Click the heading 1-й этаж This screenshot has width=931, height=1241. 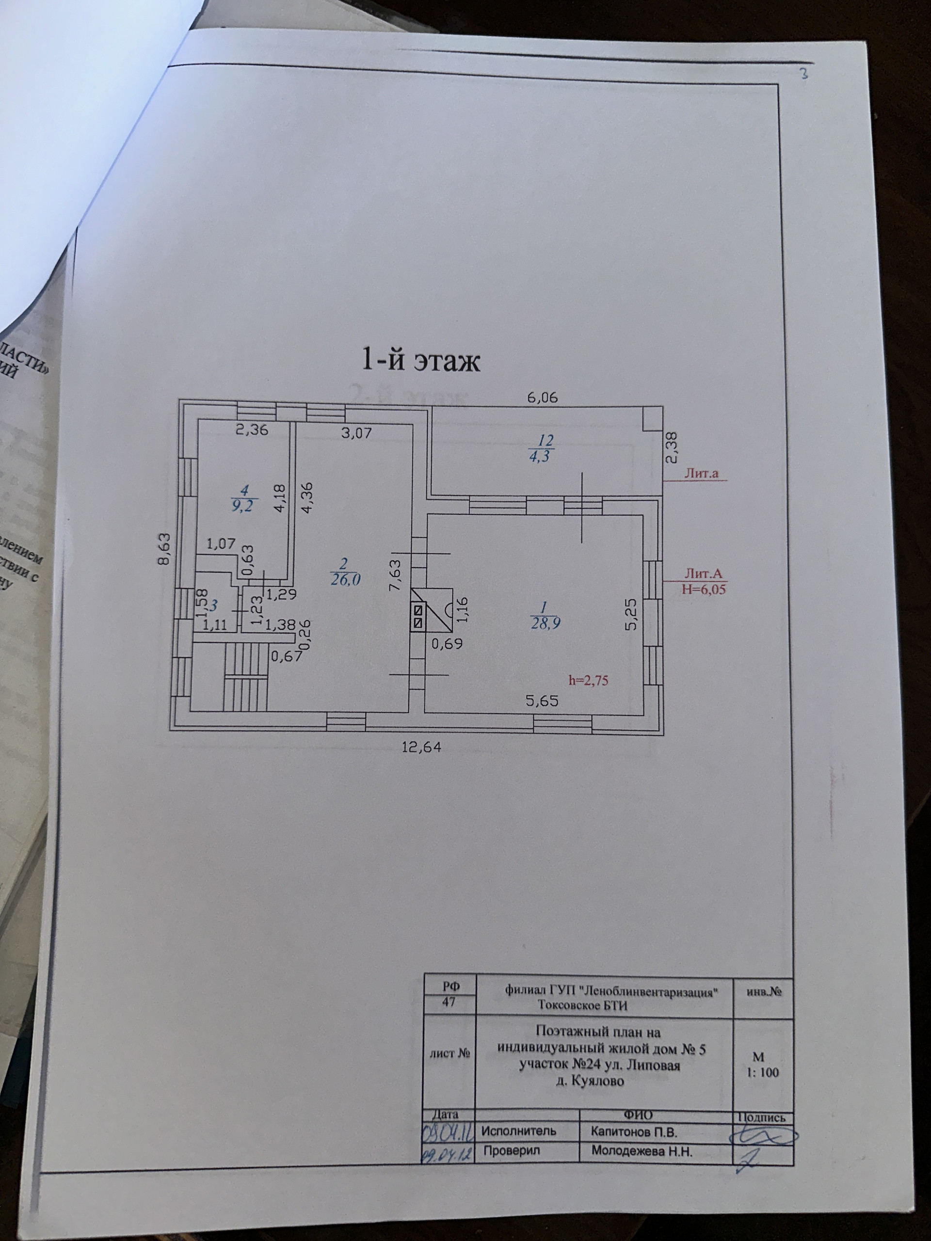pos(420,361)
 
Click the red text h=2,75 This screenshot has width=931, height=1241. pos(588,681)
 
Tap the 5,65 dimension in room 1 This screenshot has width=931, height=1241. pos(542,700)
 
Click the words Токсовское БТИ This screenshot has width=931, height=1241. pos(582,1005)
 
